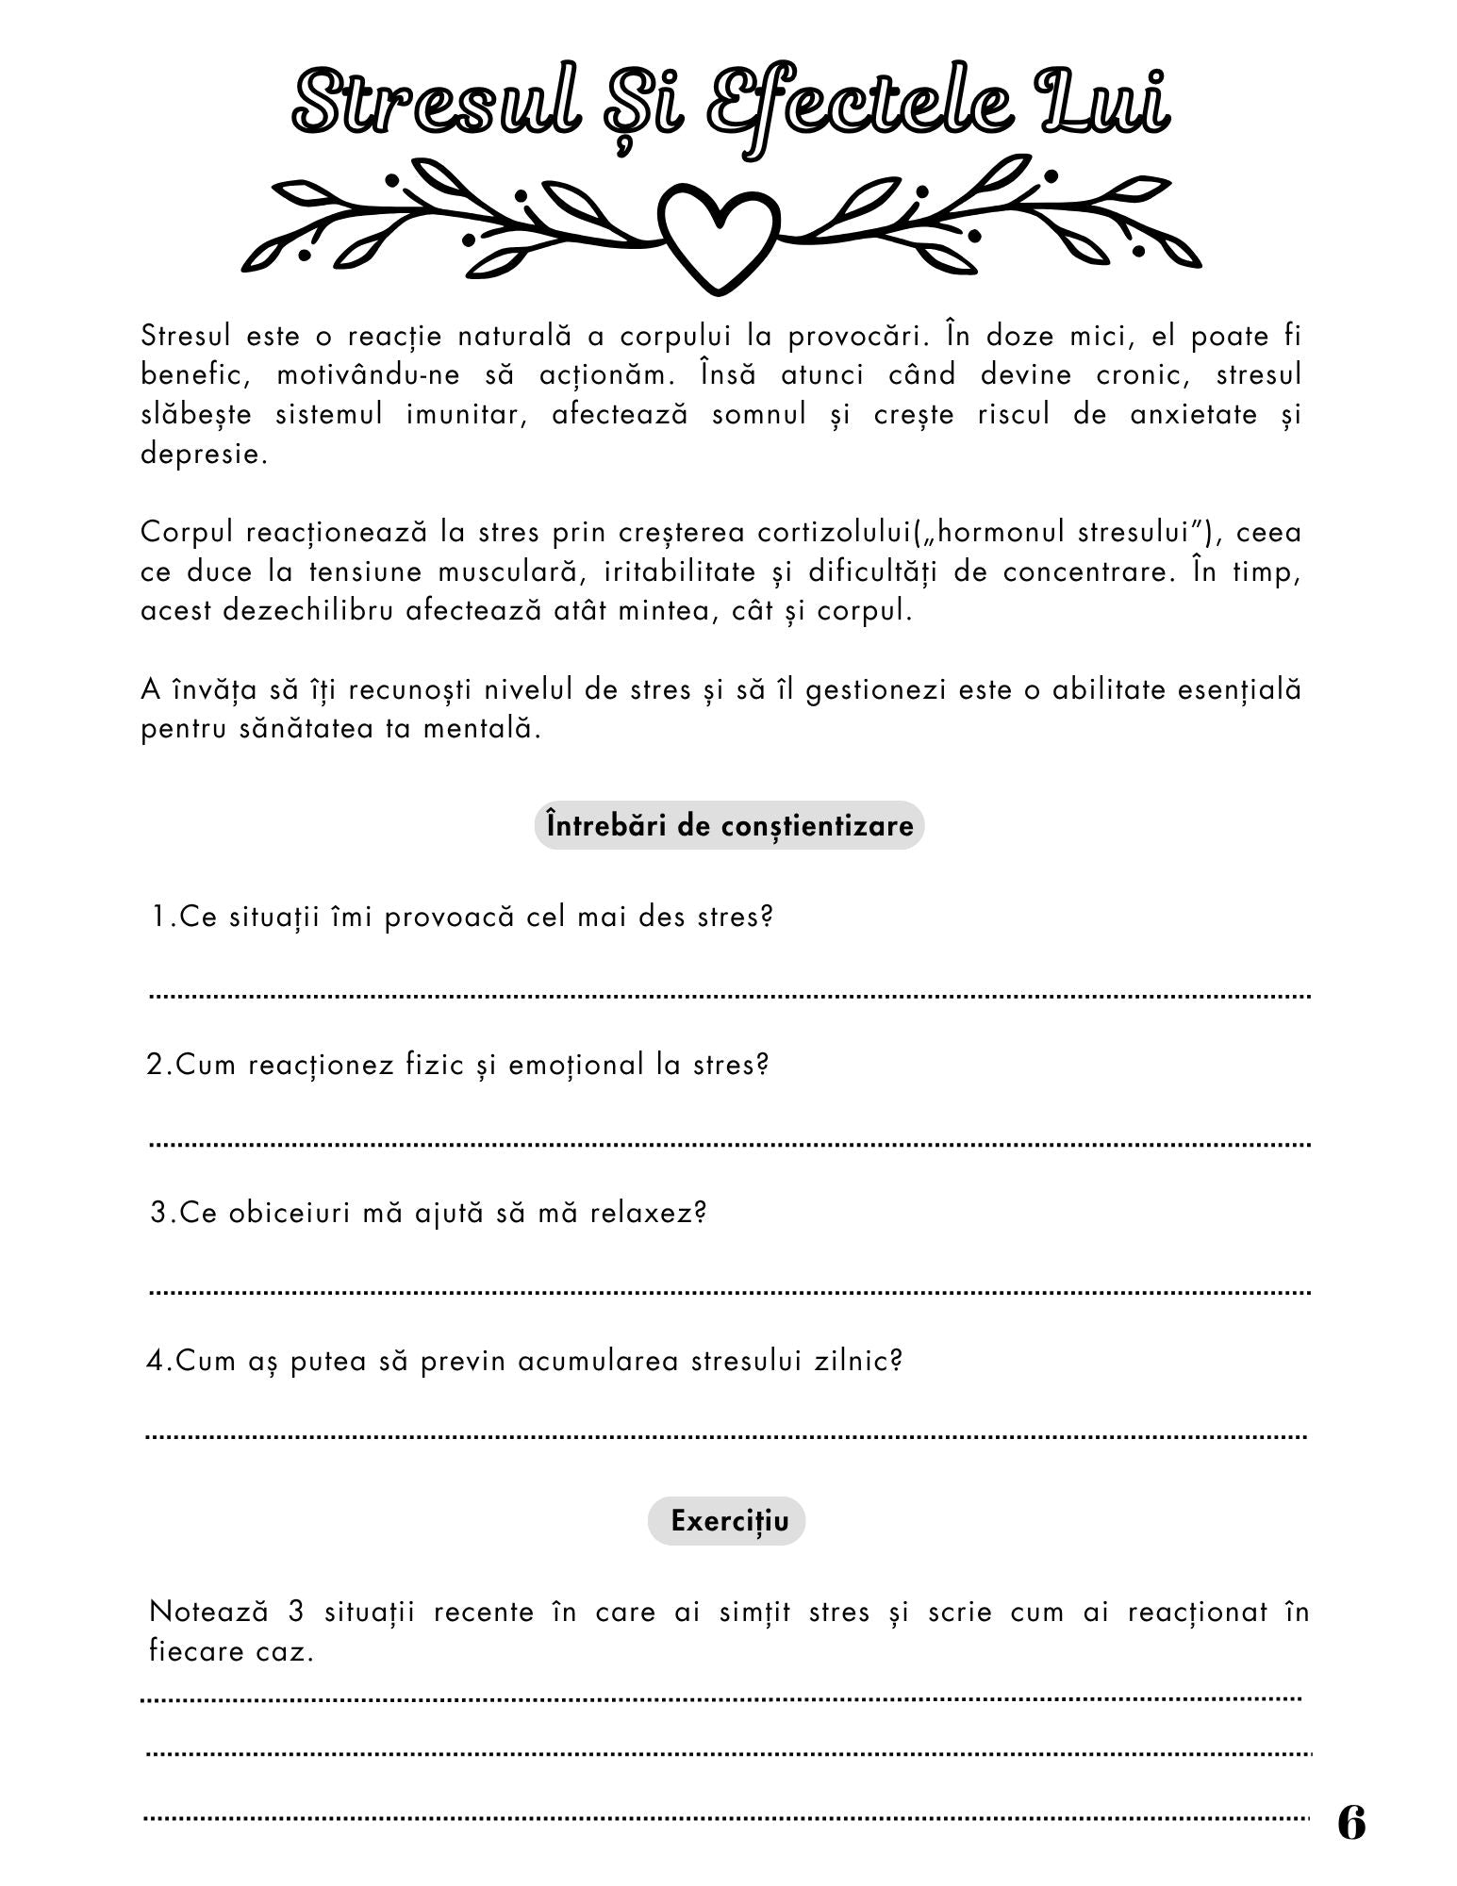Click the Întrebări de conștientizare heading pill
pos(729,826)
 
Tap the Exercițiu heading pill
pos(726,1521)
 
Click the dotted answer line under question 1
pos(729,996)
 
